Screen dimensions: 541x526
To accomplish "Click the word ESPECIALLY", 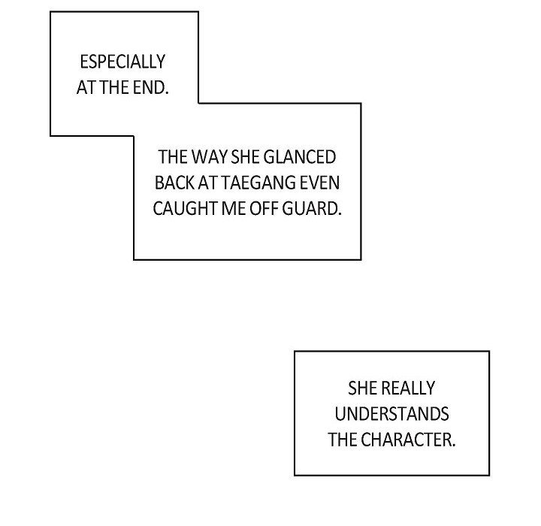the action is [122, 62].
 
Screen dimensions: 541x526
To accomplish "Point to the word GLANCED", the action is [300, 157].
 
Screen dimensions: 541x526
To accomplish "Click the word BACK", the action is [174, 183].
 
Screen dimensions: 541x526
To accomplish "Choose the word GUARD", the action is [312, 209].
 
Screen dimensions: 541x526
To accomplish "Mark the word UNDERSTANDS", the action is [391, 414].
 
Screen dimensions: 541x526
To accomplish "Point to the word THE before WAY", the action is [173, 157].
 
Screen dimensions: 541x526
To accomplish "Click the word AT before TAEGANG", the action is [207, 183].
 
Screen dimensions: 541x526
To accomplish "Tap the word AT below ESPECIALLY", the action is [86, 88].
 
